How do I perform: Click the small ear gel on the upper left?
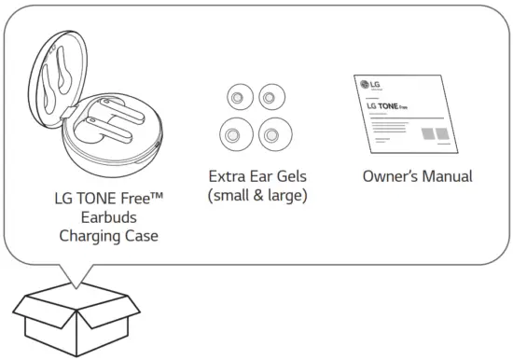point(237,96)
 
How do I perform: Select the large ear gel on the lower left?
point(235,135)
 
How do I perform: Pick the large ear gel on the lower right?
point(272,137)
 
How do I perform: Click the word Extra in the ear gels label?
point(228,175)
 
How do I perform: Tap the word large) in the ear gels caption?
point(284,196)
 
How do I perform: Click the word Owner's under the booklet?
point(389,175)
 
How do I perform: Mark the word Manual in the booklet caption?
point(447,175)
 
